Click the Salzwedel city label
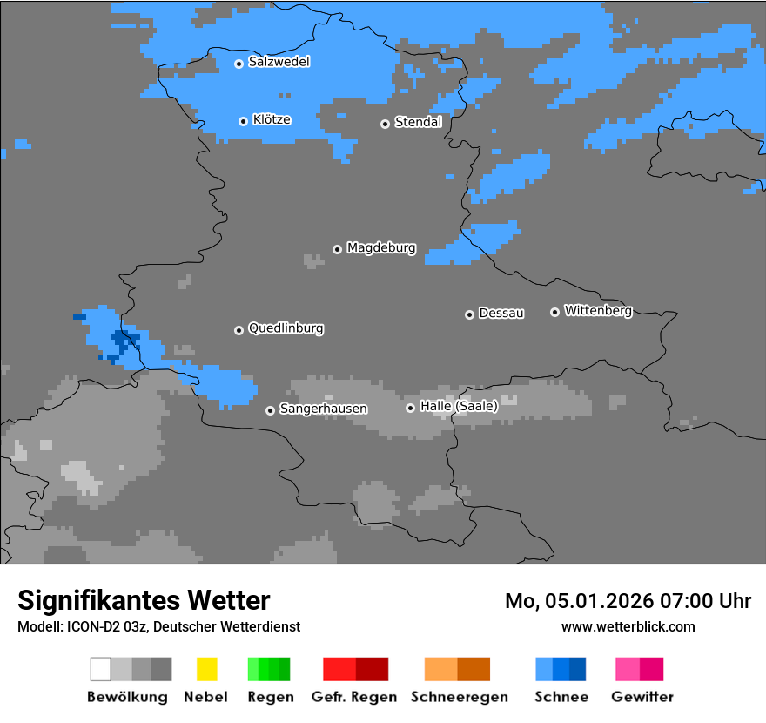click(279, 62)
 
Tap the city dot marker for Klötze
click(244, 121)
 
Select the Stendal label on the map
click(418, 122)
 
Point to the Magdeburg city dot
click(337, 249)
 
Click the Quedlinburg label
click(286, 328)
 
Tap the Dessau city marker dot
click(469, 314)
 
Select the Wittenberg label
click(598, 310)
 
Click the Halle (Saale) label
click(459, 406)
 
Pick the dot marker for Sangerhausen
click(270, 410)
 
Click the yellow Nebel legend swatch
click(206, 669)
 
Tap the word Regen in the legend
click(270, 697)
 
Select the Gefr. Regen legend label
click(354, 697)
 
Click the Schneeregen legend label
click(459, 697)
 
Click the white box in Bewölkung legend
click(101, 669)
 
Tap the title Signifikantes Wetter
click(144, 601)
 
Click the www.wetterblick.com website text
click(628, 626)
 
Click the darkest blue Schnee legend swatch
click(577, 669)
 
